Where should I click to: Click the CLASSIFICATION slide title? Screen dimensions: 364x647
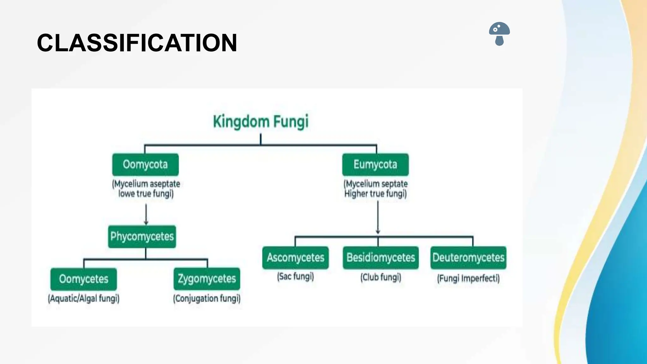click(x=137, y=43)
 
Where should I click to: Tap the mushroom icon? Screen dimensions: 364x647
click(x=499, y=33)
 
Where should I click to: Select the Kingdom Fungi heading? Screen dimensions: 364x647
click(x=261, y=122)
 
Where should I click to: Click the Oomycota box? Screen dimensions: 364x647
click(x=145, y=165)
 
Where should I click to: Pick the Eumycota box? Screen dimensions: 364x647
click(x=375, y=165)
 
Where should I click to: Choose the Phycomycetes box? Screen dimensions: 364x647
click(x=142, y=236)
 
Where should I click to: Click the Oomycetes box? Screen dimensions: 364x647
click(x=83, y=279)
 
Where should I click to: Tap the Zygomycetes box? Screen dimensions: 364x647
click(x=207, y=279)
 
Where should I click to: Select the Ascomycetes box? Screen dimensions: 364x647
click(x=295, y=258)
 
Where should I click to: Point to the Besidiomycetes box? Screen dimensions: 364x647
click(x=381, y=258)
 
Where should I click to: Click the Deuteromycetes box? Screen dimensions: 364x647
click(x=468, y=258)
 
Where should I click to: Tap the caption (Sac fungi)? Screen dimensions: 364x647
click(x=295, y=276)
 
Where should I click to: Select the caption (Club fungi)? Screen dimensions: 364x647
click(x=381, y=277)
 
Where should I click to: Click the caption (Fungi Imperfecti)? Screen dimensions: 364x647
click(x=468, y=278)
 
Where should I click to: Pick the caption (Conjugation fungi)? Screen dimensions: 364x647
click(x=207, y=298)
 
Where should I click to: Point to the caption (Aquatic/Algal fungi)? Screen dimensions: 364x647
click(x=83, y=298)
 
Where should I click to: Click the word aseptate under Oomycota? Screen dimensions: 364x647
click(x=165, y=184)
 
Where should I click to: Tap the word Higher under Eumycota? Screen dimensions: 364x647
click(x=356, y=194)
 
